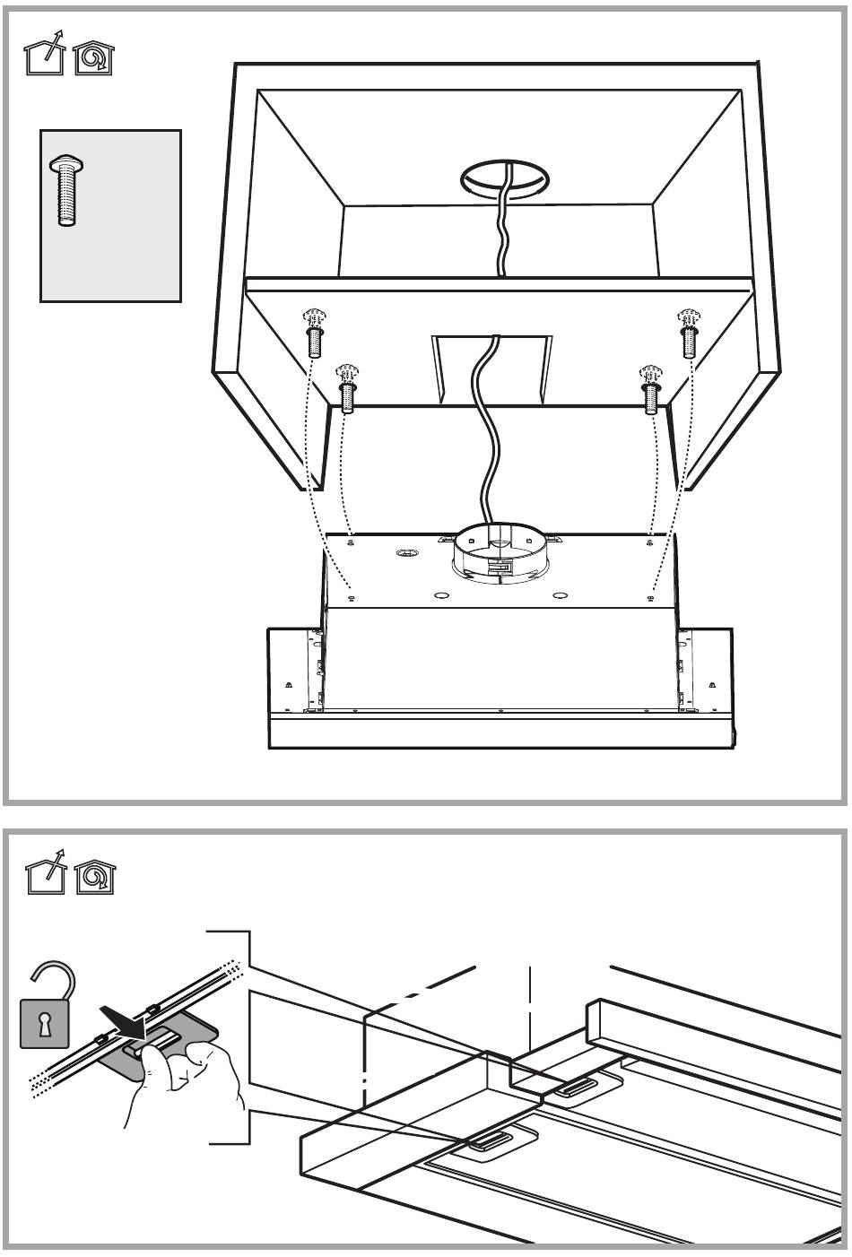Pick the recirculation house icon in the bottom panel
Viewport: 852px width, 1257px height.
coord(92,876)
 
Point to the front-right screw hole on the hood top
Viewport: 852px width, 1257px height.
coord(648,593)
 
